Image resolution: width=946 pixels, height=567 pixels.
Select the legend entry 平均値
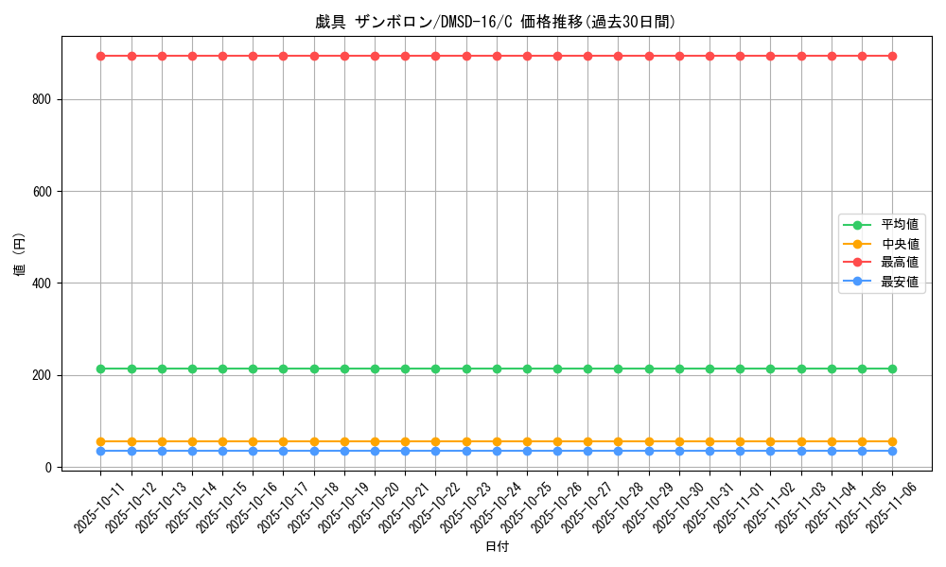(899, 225)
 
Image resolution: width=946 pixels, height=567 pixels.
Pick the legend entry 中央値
(899, 244)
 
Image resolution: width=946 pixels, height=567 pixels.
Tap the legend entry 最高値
(899, 263)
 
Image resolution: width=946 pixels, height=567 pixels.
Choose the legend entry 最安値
(899, 282)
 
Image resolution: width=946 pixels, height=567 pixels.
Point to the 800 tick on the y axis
(47, 99)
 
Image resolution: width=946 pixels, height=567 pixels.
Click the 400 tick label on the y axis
(47, 283)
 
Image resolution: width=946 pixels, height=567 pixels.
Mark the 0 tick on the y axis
(54, 467)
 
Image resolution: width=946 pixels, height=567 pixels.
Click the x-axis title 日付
(496, 547)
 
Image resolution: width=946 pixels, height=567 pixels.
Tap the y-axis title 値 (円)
(20, 255)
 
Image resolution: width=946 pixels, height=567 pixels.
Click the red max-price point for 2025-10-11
(101, 56)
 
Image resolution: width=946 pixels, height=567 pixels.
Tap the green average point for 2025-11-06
(892, 369)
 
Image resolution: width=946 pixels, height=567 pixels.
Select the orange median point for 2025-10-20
(375, 441)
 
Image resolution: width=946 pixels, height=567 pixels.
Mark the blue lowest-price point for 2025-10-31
(709, 451)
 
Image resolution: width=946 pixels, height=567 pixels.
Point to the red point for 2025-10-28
(618, 56)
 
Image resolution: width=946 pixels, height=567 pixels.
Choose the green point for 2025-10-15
(222, 369)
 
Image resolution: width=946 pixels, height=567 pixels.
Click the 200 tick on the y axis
(47, 375)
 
